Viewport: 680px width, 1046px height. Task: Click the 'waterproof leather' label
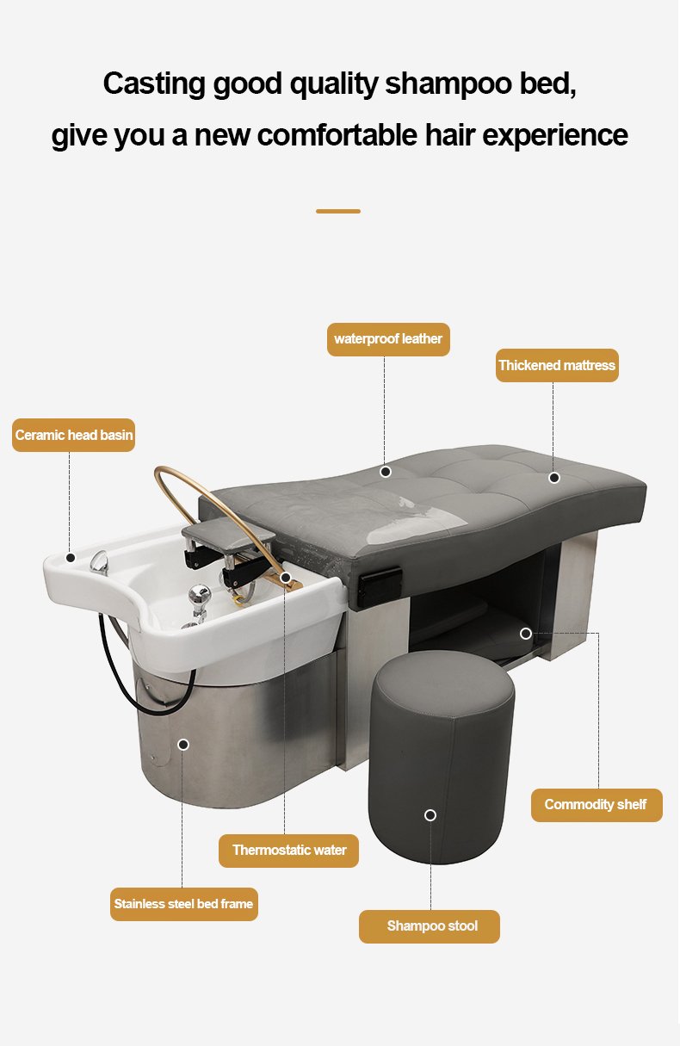[x=388, y=339]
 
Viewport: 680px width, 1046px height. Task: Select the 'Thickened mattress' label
[x=557, y=365]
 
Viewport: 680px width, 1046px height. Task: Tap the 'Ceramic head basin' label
[x=74, y=436]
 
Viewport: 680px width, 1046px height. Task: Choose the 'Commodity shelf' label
[x=597, y=805]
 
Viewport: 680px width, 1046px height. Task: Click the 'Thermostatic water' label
[x=288, y=851]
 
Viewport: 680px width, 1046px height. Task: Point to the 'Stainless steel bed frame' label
[x=184, y=905]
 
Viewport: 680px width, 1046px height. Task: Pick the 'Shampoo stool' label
[x=430, y=926]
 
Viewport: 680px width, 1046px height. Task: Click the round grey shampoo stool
[x=442, y=757]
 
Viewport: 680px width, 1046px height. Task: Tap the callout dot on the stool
[x=430, y=815]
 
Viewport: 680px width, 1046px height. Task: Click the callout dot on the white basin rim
[x=71, y=558]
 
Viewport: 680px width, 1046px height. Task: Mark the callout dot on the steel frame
[x=183, y=745]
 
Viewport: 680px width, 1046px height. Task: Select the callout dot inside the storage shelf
[x=526, y=634]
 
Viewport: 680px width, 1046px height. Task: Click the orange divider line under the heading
[x=338, y=212]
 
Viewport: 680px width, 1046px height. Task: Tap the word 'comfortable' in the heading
[x=337, y=135]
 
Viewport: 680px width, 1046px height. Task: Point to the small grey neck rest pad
[x=229, y=537]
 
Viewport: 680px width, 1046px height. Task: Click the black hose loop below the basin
[x=140, y=672]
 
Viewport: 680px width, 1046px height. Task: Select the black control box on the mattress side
[x=380, y=585]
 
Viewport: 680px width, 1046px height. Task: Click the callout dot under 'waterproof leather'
[x=386, y=472]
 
